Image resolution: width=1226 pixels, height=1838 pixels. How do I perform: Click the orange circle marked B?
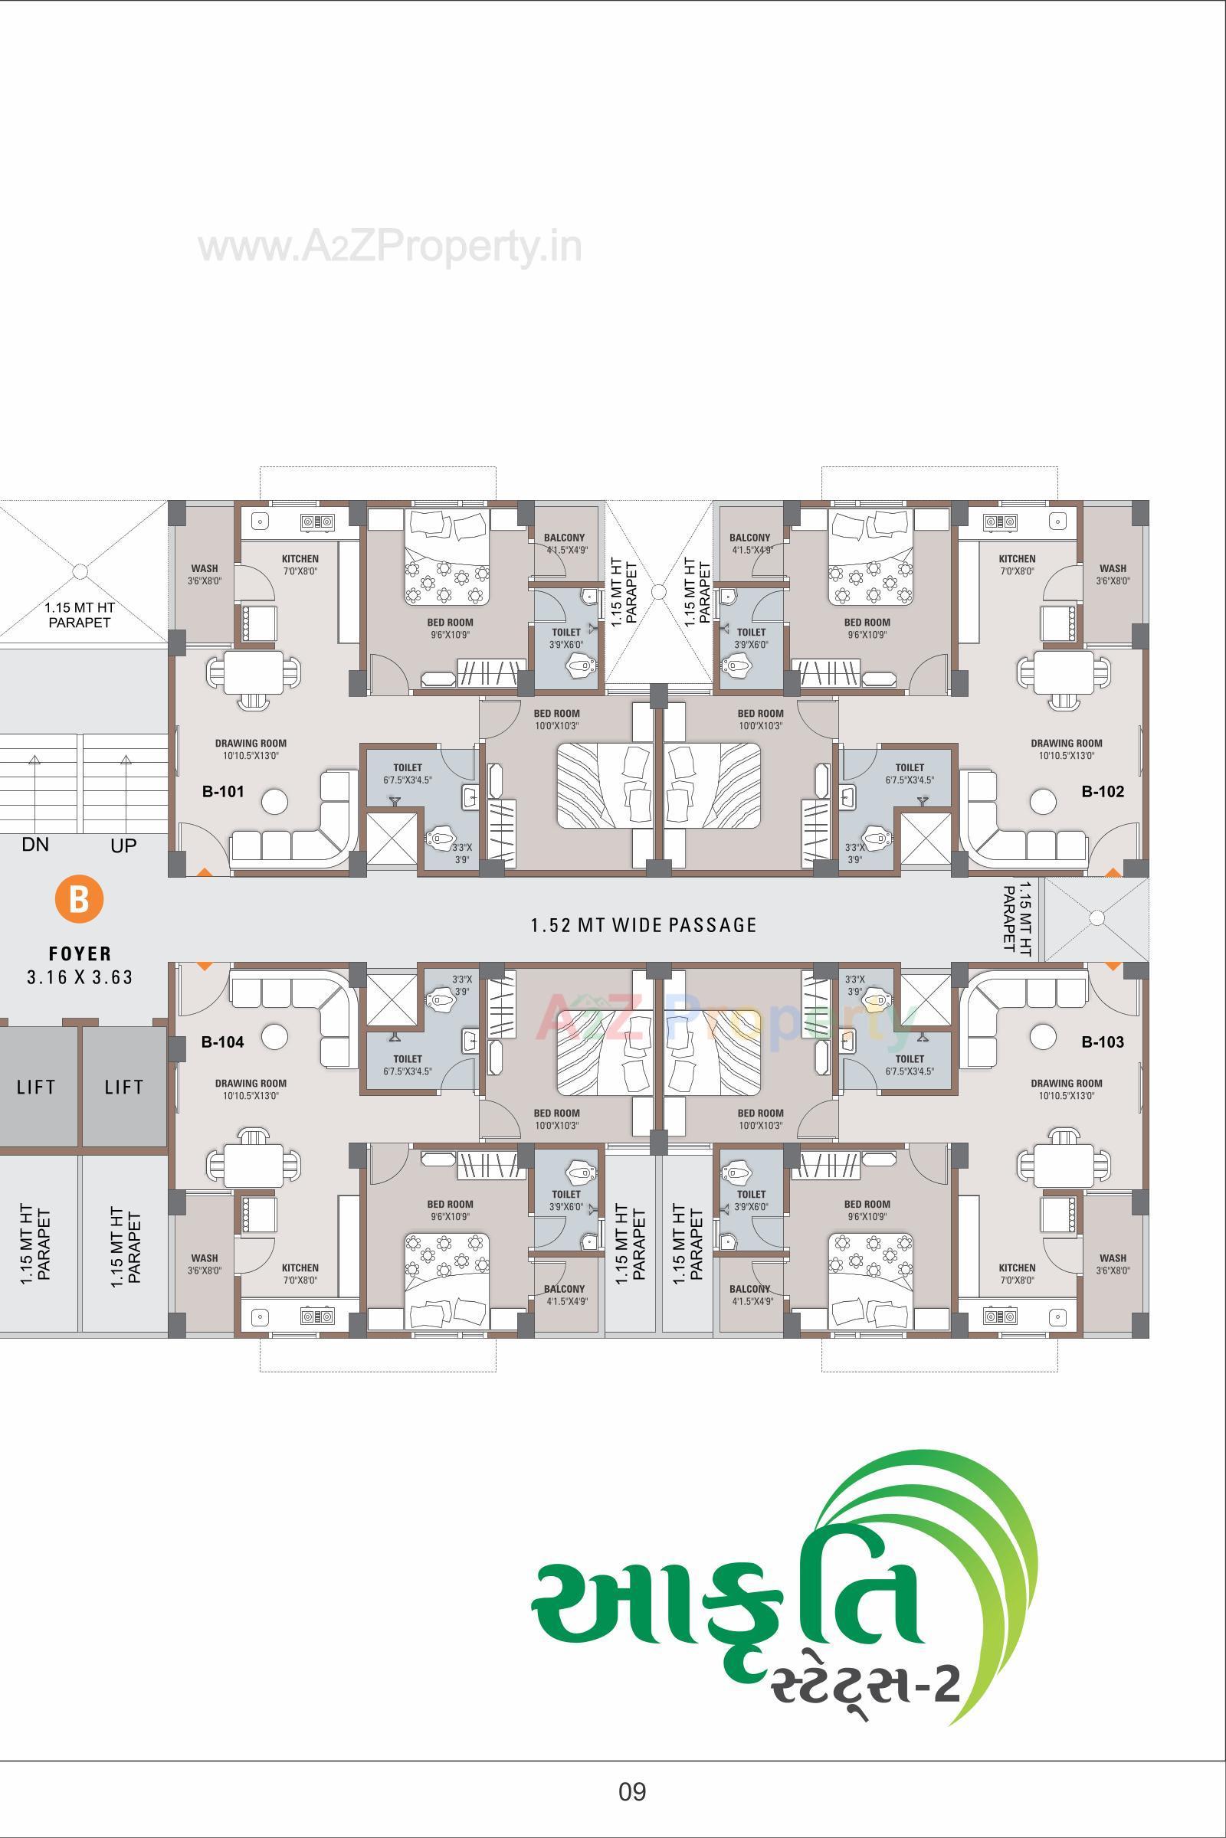click(79, 898)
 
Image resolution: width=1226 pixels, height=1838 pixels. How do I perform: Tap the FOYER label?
click(80, 954)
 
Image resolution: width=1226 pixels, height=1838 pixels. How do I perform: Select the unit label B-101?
click(223, 792)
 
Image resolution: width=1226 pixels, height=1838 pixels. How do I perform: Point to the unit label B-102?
click(1103, 792)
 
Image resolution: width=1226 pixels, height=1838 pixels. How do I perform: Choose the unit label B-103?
click(1103, 1042)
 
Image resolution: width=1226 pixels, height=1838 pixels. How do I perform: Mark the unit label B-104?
click(223, 1042)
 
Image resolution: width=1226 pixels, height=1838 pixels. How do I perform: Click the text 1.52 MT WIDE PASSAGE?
click(644, 925)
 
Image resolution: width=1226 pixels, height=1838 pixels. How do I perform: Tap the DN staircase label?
click(35, 844)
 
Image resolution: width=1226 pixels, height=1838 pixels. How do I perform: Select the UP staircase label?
click(123, 845)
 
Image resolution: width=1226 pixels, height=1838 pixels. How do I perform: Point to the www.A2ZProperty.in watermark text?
click(389, 247)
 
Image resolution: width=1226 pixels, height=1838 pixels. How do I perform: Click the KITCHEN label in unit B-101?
click(300, 559)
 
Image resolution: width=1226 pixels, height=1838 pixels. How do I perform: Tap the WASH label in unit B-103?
click(1113, 1258)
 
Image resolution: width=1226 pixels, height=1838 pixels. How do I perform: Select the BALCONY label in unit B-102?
click(749, 538)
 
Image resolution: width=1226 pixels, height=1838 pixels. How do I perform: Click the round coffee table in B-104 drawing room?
click(274, 1037)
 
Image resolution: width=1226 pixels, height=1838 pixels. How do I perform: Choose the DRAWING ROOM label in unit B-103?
click(1066, 1083)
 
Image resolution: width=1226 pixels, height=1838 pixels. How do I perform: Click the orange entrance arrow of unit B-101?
click(203, 872)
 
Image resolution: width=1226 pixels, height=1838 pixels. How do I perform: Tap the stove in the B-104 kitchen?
click(317, 1316)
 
